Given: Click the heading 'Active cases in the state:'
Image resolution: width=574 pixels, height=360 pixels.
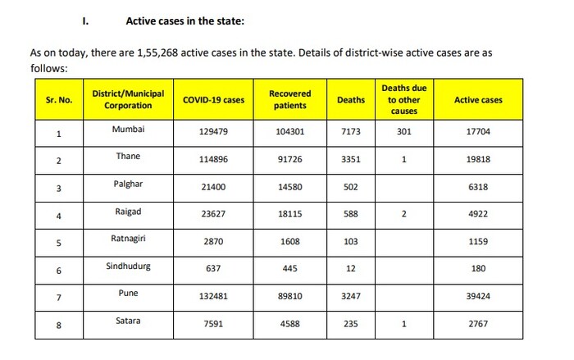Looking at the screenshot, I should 184,19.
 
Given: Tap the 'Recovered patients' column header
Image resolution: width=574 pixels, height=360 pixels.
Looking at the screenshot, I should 289,100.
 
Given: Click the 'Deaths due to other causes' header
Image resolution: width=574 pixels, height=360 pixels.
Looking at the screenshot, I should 403,99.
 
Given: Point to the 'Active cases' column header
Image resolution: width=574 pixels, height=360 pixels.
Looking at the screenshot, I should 478,100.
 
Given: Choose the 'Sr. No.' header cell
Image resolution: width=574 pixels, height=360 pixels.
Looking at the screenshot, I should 59,100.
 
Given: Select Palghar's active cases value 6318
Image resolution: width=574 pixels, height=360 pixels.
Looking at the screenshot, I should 478,187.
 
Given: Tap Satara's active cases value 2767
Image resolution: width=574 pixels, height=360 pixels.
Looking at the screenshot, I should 478,324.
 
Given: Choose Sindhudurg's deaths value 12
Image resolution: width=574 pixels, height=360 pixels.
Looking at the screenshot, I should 351,269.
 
